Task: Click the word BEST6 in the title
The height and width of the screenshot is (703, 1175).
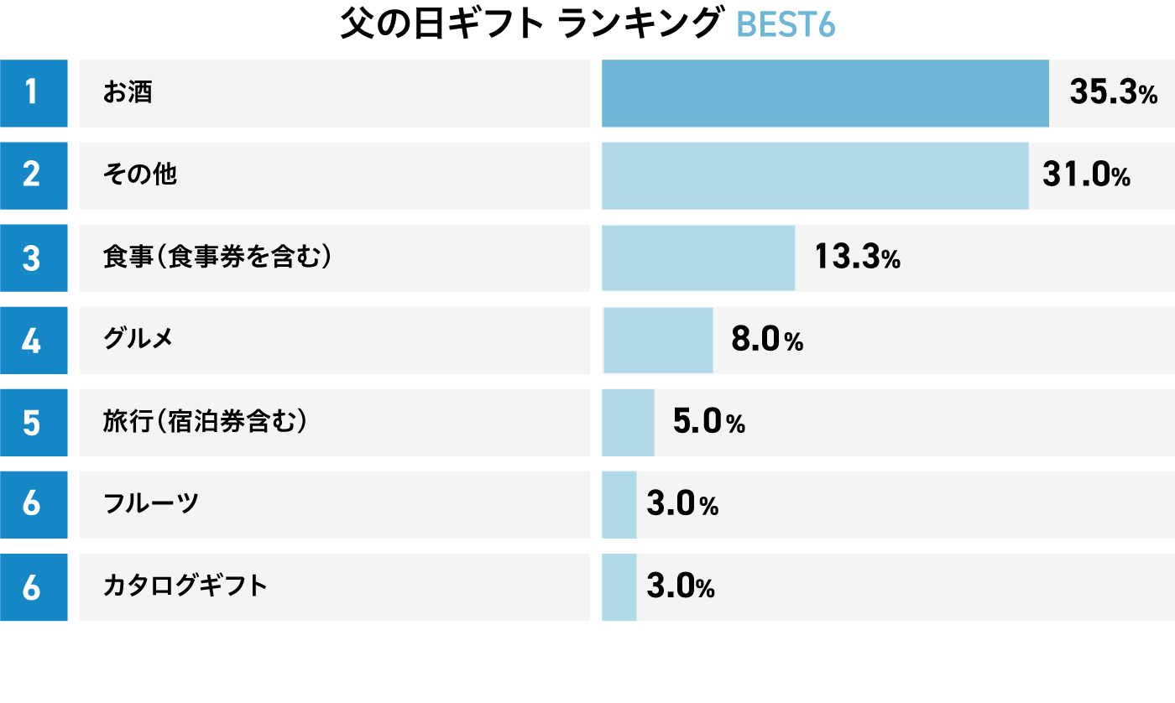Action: pos(786,26)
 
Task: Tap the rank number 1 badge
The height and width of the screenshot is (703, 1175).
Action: pos(33,93)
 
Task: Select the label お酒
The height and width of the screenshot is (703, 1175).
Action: pos(128,92)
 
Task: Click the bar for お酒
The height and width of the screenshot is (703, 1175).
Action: pos(825,93)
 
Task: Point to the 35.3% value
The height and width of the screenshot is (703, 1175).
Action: pos(1113,93)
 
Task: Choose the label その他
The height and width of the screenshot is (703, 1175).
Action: pos(140,174)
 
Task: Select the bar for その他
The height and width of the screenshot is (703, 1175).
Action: pos(815,175)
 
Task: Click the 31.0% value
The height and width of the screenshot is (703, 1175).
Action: pos(1086,175)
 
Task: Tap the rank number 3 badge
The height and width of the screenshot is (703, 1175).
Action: pos(33,258)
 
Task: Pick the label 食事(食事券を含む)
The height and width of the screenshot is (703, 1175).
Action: pos(217,258)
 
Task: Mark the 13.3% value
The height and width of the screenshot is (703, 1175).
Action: pos(857,258)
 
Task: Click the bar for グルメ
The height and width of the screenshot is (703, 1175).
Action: pos(658,340)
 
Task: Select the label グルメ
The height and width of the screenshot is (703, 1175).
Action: pos(138,339)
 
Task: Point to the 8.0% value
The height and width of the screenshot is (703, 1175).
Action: pos(767,340)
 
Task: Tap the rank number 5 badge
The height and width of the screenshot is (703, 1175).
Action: pos(33,422)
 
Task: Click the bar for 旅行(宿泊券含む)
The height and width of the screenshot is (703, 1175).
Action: pos(628,422)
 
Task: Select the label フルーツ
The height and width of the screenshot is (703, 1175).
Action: pos(151,503)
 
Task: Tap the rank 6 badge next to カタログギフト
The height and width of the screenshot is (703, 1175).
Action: pos(33,586)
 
